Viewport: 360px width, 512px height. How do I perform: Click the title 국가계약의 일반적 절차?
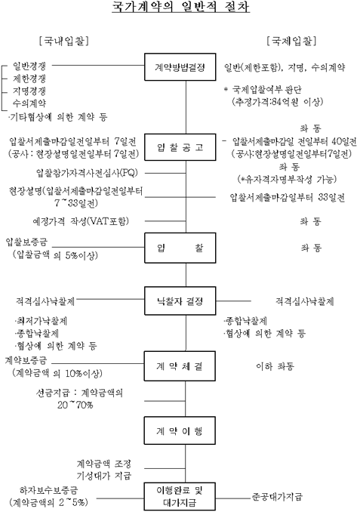pos(181,7)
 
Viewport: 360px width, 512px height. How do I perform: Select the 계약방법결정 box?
pos(180,67)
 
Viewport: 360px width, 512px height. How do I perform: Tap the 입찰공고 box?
pos(180,147)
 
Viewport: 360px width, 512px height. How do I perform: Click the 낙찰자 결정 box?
pos(180,301)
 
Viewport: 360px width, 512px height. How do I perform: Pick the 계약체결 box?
pos(180,366)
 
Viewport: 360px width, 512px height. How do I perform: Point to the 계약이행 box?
pos(180,430)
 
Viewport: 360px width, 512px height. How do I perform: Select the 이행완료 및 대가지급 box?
pos(180,496)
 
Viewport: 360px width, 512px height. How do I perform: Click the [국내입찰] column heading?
pos(64,41)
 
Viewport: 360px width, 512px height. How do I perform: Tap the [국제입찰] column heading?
pos(291,41)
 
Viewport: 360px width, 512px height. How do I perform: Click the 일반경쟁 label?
pos(29,66)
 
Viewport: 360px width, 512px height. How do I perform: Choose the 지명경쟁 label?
pos(29,91)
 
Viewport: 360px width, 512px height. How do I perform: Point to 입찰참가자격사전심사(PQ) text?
pos(87,173)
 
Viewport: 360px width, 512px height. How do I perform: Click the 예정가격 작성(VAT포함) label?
pos(81,221)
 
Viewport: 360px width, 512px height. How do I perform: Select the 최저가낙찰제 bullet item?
pos(41,321)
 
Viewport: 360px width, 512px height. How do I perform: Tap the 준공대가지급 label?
pos(277,497)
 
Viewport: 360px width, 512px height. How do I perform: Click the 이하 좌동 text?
pos(275,366)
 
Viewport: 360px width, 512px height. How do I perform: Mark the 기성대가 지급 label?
pos(104,476)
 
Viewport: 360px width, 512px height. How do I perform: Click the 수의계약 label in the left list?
pos(29,103)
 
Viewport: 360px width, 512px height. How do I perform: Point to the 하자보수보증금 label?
pos(48,490)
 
